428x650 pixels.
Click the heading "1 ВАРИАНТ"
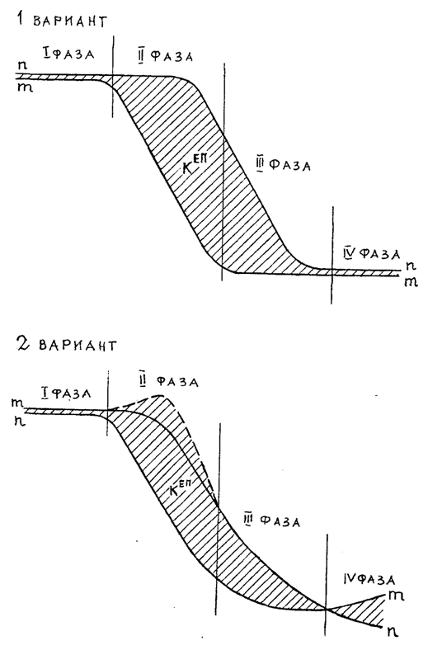pyautogui.click(x=61, y=20)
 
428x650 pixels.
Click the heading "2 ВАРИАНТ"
pyautogui.click(x=66, y=344)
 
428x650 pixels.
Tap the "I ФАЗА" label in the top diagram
pyautogui.click(x=68, y=54)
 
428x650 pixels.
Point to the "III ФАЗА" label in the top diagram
pyautogui.click(x=284, y=165)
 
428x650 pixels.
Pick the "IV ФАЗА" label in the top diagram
pyautogui.click(x=371, y=253)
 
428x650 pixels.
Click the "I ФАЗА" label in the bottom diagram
pyautogui.click(x=65, y=393)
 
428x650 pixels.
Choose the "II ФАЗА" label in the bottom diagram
pyautogui.click(x=169, y=380)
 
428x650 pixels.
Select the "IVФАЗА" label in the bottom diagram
pyautogui.click(x=369, y=579)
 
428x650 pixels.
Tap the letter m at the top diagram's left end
pyautogui.click(x=25, y=87)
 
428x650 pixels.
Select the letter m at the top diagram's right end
pyautogui.click(x=411, y=282)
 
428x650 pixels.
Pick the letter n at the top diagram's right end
pyautogui.click(x=411, y=265)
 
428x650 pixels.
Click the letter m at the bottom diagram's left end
pyautogui.click(x=17, y=403)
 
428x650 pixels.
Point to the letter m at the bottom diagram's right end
pyautogui.click(x=397, y=596)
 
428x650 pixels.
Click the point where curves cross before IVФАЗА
pyautogui.click(x=327, y=609)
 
